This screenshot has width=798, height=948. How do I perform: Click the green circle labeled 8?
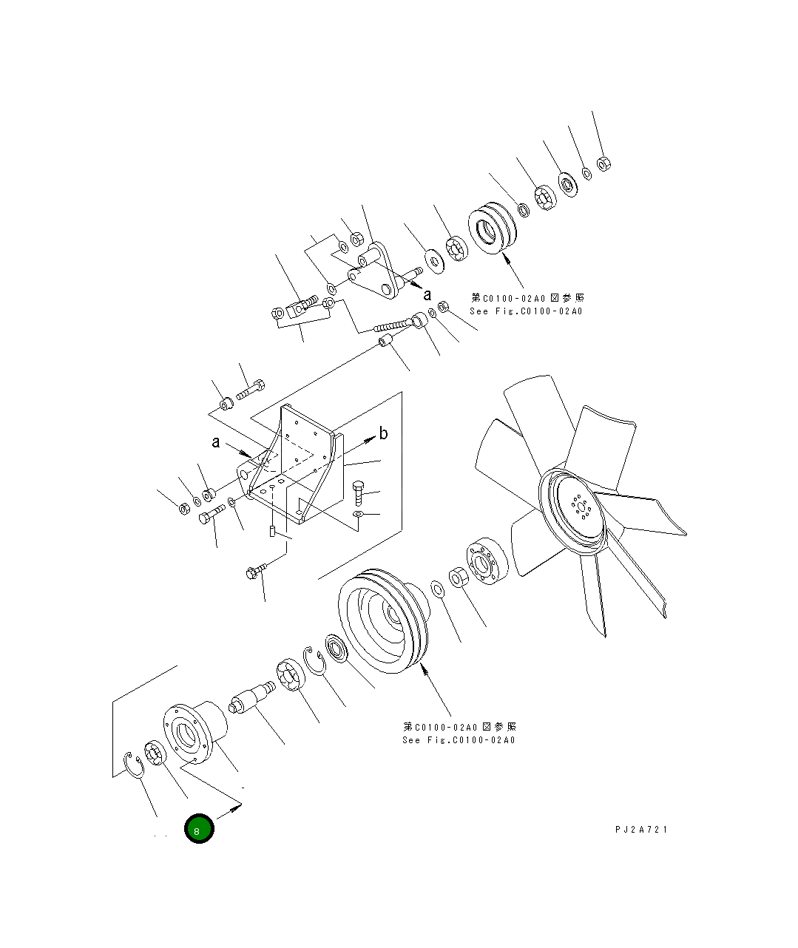(x=199, y=829)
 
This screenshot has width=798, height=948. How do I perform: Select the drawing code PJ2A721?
(x=640, y=830)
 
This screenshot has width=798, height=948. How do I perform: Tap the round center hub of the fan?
(x=579, y=509)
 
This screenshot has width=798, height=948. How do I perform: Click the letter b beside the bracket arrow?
(x=383, y=433)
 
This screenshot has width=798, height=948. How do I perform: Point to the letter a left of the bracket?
(x=215, y=442)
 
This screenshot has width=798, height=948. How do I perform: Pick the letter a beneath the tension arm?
(x=427, y=294)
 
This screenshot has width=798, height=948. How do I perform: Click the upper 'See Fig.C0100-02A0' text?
(x=526, y=311)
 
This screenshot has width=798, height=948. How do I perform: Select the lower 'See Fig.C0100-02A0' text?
(x=459, y=739)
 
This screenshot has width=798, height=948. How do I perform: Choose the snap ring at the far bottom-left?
(x=134, y=765)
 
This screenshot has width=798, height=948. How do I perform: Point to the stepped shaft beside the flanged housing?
(x=251, y=699)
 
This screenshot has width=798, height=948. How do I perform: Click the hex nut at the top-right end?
(x=603, y=163)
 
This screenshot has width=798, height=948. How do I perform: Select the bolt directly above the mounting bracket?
(x=251, y=388)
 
